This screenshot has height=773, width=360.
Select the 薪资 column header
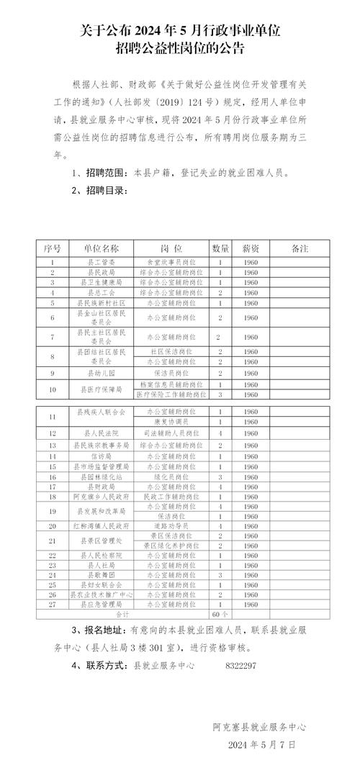[x=251, y=248]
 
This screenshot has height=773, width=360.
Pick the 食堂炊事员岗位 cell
[x=171, y=263]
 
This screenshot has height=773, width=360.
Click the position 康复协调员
[x=171, y=420]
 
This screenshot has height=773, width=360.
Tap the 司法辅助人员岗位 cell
[x=171, y=434]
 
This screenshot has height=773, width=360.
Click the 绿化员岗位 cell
[x=171, y=476]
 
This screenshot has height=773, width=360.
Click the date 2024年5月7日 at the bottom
[x=261, y=743]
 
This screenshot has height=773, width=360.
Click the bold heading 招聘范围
[x=104, y=173]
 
